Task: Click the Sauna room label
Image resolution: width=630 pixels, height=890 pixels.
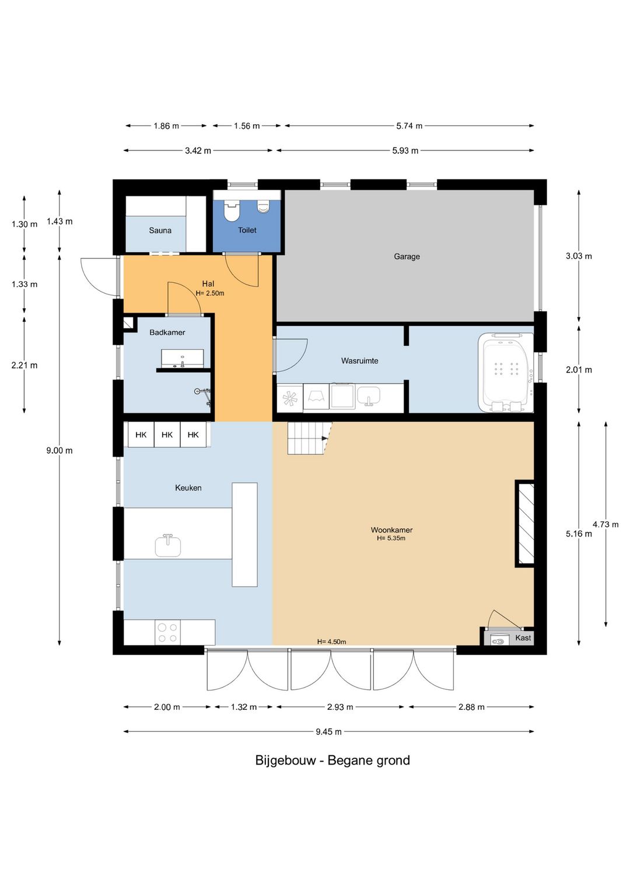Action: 160,230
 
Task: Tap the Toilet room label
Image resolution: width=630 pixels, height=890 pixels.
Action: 247,230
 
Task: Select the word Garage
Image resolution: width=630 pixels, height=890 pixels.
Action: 407,257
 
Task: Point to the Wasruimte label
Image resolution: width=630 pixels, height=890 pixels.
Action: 359,361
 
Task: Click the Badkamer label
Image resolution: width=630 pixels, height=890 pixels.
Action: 167,332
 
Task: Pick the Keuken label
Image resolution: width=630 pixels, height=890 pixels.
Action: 188,488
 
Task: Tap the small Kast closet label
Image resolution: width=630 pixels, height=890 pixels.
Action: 523,637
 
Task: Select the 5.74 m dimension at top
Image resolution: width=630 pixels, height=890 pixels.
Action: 409,126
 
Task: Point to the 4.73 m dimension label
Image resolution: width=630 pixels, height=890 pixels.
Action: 605,524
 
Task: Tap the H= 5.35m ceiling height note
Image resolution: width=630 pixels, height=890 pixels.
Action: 391,538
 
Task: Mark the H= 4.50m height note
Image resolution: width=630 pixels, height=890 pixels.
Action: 331,642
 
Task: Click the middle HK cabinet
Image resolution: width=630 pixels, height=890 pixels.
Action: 167,435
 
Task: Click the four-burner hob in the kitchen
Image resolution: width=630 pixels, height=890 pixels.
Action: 167,633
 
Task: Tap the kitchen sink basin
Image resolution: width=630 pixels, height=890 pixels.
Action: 168,545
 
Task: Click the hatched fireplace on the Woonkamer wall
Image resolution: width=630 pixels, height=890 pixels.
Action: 524,523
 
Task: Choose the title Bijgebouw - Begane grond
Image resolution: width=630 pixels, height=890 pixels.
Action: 332,760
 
